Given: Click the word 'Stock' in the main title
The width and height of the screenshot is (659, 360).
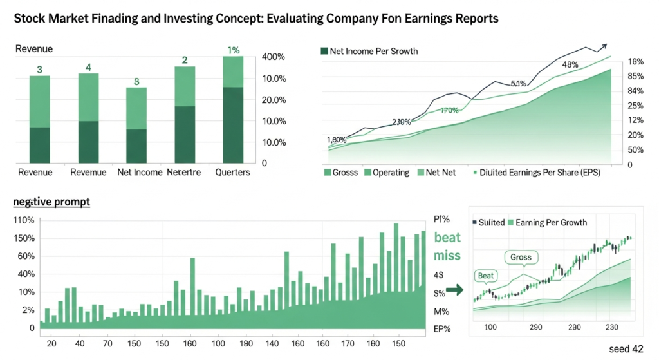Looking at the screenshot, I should [x=29, y=19].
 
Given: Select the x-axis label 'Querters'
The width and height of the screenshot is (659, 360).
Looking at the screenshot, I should [x=232, y=173].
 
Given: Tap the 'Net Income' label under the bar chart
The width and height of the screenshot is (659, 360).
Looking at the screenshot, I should [x=140, y=173].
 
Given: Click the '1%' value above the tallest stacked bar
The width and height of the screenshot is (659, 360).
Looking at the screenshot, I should [x=233, y=50].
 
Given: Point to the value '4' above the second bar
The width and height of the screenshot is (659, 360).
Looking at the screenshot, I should [x=88, y=68].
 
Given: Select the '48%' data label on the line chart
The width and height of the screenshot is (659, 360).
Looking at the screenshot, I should [x=570, y=64].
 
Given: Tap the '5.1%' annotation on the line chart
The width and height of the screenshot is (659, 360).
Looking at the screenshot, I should [x=519, y=84].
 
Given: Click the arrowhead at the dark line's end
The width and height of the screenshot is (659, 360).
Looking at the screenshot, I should [x=604, y=46].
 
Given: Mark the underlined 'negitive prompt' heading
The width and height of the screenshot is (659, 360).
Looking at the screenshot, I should [x=51, y=202].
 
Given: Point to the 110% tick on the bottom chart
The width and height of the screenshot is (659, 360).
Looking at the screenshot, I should [x=24, y=220].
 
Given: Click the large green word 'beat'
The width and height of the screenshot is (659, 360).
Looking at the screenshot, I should [x=447, y=237].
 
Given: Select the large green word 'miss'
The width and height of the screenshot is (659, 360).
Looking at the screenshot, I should [x=447, y=256].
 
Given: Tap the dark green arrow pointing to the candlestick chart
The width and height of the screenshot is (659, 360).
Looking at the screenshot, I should [x=455, y=290].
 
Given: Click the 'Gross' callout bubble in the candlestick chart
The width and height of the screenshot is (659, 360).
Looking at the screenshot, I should [x=521, y=258].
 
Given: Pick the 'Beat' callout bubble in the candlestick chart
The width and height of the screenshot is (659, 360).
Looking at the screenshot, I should [x=486, y=276].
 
